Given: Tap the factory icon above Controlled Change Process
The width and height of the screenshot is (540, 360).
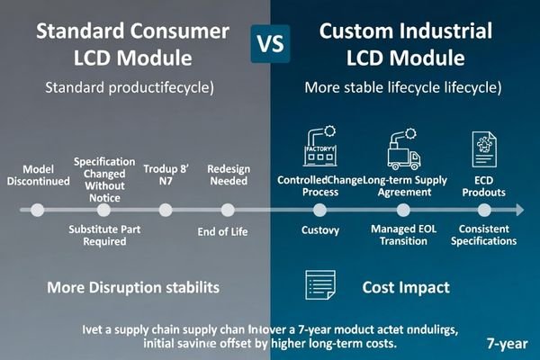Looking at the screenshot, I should coord(321,148).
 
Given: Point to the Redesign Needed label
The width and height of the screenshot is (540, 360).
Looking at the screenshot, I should coord(228,175).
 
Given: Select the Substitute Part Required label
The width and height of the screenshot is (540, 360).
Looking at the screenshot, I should coord(105,236).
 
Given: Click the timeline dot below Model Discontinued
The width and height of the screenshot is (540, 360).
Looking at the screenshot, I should coord(37,210).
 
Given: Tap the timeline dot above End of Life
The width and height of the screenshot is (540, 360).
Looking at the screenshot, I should coord(228,210).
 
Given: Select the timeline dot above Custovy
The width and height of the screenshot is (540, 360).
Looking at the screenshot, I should coord(320,210).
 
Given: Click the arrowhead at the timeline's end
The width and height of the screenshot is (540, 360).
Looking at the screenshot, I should coord(519,210).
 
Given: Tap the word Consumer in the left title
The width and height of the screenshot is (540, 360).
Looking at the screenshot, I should coord(185,31).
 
